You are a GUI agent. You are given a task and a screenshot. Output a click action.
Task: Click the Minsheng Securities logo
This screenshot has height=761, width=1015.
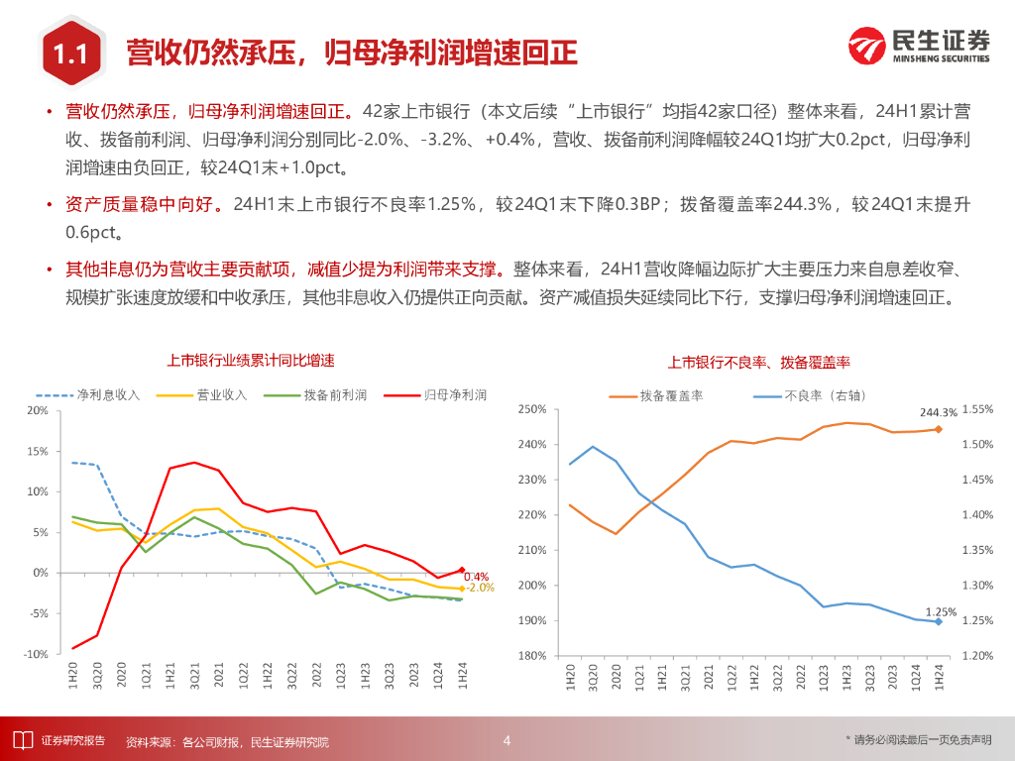click(x=919, y=46)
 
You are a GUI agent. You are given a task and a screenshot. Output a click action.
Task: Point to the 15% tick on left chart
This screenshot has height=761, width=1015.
click(x=37, y=451)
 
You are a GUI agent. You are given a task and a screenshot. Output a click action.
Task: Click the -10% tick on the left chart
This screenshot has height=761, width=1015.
click(x=35, y=655)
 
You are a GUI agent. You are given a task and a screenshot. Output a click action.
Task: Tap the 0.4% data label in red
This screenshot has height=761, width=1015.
click(x=476, y=577)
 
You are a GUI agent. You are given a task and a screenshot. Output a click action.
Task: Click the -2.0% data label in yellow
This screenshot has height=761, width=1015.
click(x=480, y=588)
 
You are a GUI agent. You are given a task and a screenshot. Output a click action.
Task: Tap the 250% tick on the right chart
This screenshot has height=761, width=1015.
click(x=532, y=409)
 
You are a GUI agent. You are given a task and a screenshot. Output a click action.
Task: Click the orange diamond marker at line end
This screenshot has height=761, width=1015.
click(x=938, y=429)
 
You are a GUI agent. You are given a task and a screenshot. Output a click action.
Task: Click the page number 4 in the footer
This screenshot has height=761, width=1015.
click(x=507, y=740)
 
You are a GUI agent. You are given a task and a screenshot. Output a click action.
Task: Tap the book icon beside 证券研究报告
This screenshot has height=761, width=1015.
click(x=20, y=739)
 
